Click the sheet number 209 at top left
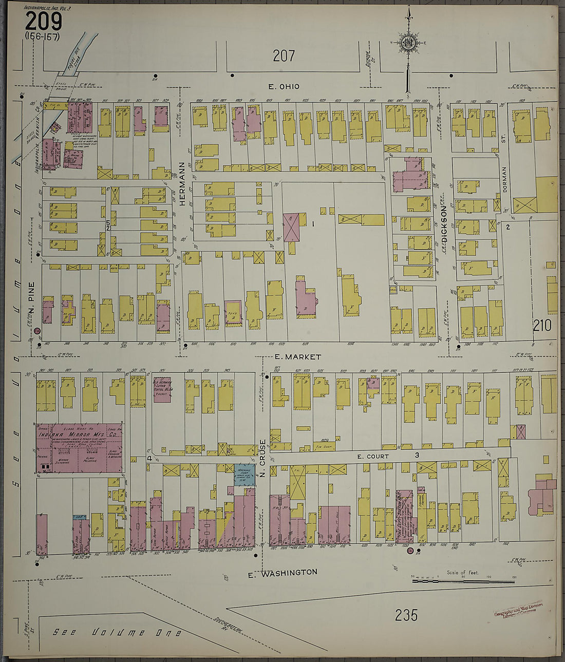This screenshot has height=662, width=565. pos(44,22)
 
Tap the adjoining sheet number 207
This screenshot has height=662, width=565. pos(284,55)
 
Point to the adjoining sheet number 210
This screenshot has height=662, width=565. pos(542,325)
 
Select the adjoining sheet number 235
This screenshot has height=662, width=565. pos(407,615)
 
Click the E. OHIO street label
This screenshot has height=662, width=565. pos(284,86)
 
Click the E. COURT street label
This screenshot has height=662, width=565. pos(373,456)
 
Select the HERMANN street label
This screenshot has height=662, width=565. pos(182,184)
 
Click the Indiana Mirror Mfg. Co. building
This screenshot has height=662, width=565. pos(79,448)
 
